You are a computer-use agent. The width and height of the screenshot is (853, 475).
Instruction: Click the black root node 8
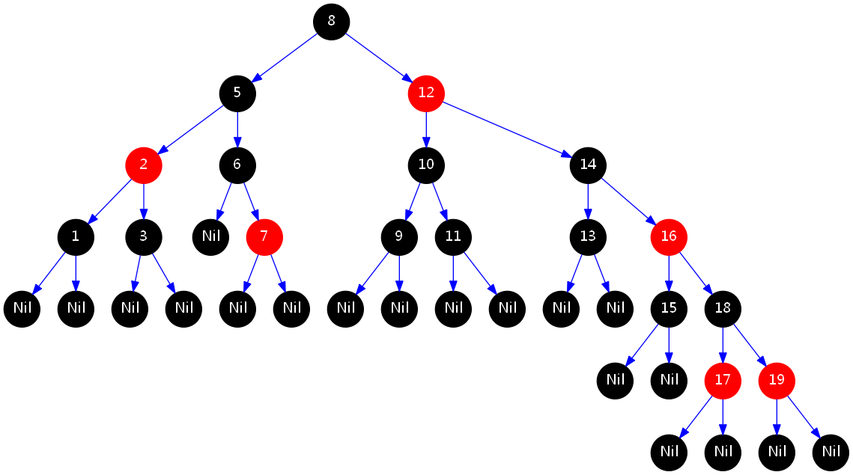pyautogui.click(x=331, y=21)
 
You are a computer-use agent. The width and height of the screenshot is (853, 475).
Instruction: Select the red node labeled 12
pyautogui.click(x=426, y=93)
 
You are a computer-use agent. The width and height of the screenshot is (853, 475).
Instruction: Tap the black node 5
pyautogui.click(x=237, y=93)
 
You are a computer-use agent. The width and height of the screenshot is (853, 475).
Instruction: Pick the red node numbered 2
pyautogui.click(x=144, y=165)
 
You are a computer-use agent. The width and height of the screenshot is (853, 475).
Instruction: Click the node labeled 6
pyautogui.click(x=237, y=165)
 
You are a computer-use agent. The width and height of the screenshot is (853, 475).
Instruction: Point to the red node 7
pyautogui.click(x=264, y=236)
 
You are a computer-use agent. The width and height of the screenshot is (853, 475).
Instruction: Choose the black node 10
pyautogui.click(x=426, y=165)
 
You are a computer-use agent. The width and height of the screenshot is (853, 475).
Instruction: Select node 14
pyautogui.click(x=588, y=165)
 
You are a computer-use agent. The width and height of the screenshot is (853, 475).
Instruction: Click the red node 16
pyautogui.click(x=669, y=236)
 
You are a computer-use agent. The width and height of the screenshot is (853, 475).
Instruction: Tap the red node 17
pyautogui.click(x=723, y=380)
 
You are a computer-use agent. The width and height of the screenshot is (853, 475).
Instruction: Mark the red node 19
pyautogui.click(x=777, y=380)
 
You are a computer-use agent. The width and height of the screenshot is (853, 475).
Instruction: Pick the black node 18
pyautogui.click(x=723, y=308)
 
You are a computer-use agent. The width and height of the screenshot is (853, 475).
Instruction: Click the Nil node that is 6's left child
pyautogui.click(x=210, y=236)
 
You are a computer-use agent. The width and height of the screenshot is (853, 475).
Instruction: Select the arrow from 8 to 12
pyautogui.click(x=378, y=57)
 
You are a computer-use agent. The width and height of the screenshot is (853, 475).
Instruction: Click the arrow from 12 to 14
pyautogui.click(x=507, y=129)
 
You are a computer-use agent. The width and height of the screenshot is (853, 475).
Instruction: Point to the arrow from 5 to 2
pyautogui.click(x=190, y=129)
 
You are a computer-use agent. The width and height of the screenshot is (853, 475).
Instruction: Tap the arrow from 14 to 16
pyautogui.click(x=628, y=200)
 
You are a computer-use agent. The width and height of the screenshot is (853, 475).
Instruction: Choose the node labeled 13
pyautogui.click(x=588, y=236)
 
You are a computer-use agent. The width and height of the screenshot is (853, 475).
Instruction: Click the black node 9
pyautogui.click(x=399, y=236)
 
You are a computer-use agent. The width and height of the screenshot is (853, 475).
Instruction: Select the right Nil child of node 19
pyautogui.click(x=831, y=452)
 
